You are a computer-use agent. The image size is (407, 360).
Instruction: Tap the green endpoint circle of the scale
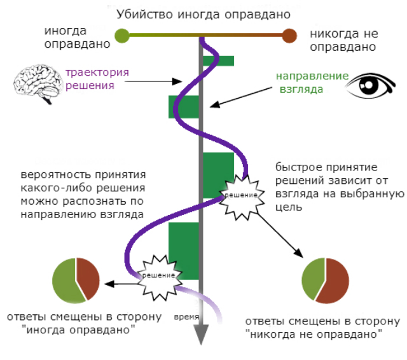(121, 36)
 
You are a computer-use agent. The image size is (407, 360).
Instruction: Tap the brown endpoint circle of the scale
(289, 36)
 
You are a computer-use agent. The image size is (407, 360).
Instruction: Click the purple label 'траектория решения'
(97, 78)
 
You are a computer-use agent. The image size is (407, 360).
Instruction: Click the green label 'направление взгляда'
(312, 82)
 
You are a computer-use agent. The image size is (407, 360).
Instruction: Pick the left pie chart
(76, 280)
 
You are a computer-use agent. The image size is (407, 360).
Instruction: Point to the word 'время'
(186, 316)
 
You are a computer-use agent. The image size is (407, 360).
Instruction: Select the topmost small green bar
(218, 60)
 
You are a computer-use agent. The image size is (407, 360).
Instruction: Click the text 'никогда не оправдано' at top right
(345, 40)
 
